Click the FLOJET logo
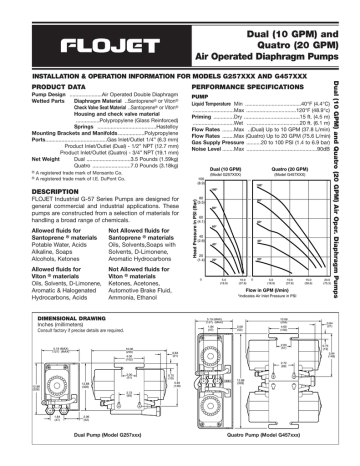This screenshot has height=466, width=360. (x=101, y=44)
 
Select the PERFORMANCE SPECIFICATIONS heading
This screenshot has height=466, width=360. (x=238, y=88)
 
